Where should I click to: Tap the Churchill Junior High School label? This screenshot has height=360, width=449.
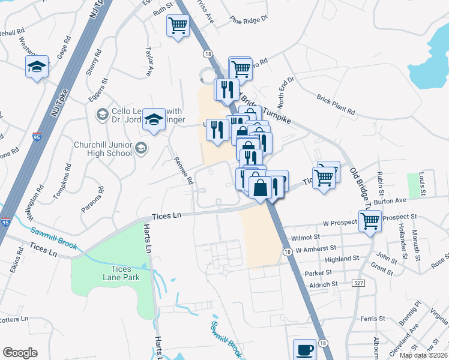click(x=102, y=149)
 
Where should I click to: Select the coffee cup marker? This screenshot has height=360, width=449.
click(x=304, y=349)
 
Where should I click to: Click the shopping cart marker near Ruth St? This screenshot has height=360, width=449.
click(x=178, y=26)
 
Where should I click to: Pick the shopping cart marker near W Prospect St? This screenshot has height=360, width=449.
click(x=370, y=221)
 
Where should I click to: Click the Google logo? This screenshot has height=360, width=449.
click(x=20, y=353)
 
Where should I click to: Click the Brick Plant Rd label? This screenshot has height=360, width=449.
click(x=336, y=104)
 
